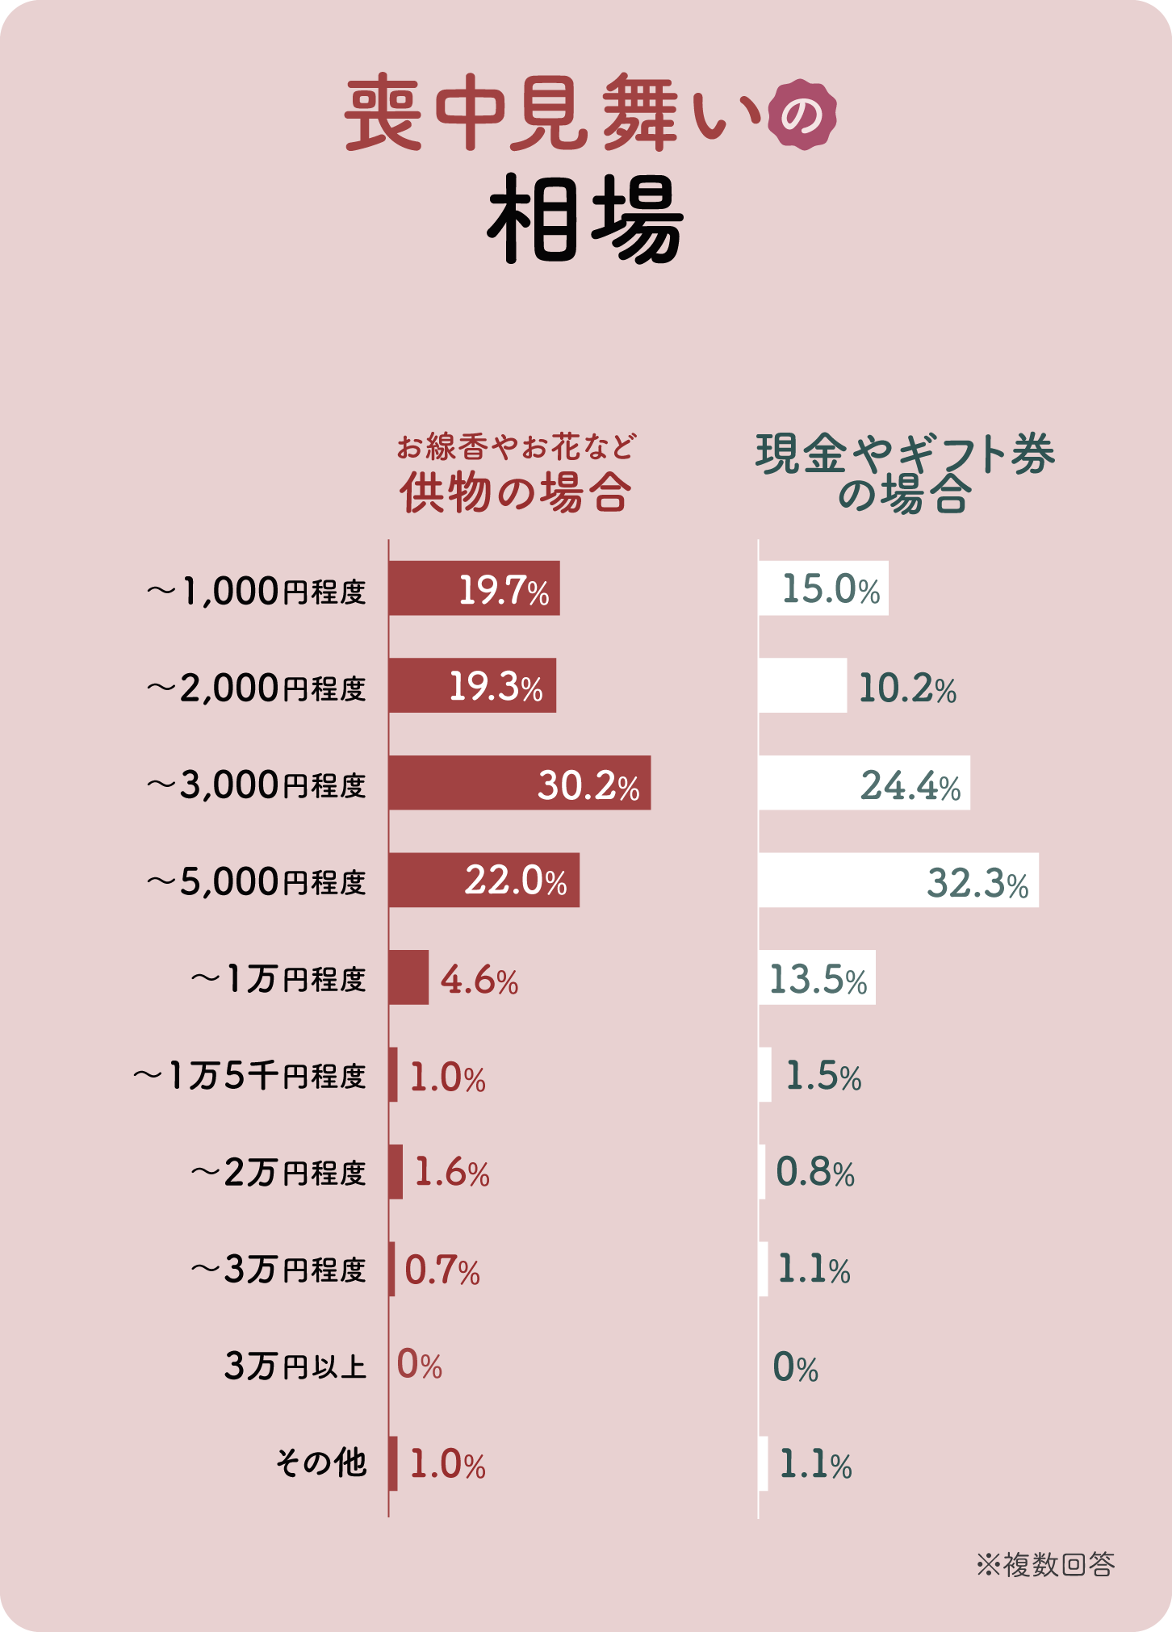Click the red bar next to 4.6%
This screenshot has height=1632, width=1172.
(x=408, y=977)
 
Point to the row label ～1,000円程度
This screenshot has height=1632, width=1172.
(x=257, y=592)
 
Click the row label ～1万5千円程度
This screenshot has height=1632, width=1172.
(x=250, y=1076)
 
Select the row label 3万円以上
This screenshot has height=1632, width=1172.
(x=295, y=1366)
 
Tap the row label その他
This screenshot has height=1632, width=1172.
(x=321, y=1463)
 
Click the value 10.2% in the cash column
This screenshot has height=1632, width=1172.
(x=907, y=688)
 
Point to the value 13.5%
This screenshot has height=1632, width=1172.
(x=818, y=979)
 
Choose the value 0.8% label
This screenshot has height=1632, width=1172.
(x=815, y=1173)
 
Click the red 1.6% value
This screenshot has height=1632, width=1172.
(x=452, y=1173)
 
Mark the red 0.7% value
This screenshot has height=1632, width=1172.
(x=442, y=1270)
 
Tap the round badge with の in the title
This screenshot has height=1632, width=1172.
(x=802, y=115)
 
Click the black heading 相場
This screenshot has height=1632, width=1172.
(x=585, y=220)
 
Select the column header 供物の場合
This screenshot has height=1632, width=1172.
(x=516, y=492)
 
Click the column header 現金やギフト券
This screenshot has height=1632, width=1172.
(x=905, y=454)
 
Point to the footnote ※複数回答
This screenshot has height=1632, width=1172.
(x=1046, y=1564)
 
